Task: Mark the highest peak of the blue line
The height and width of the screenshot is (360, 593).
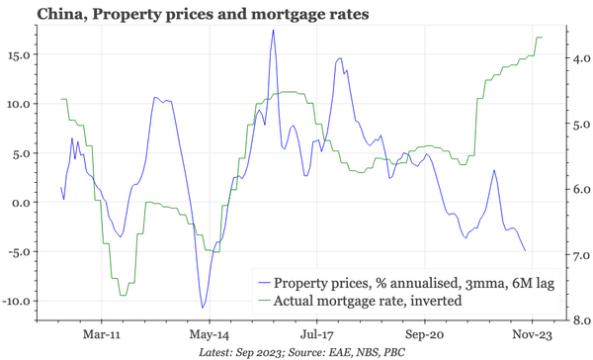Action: click(273, 31)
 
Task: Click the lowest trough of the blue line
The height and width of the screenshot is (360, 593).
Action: click(203, 308)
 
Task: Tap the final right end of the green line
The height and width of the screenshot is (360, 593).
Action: click(543, 38)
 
